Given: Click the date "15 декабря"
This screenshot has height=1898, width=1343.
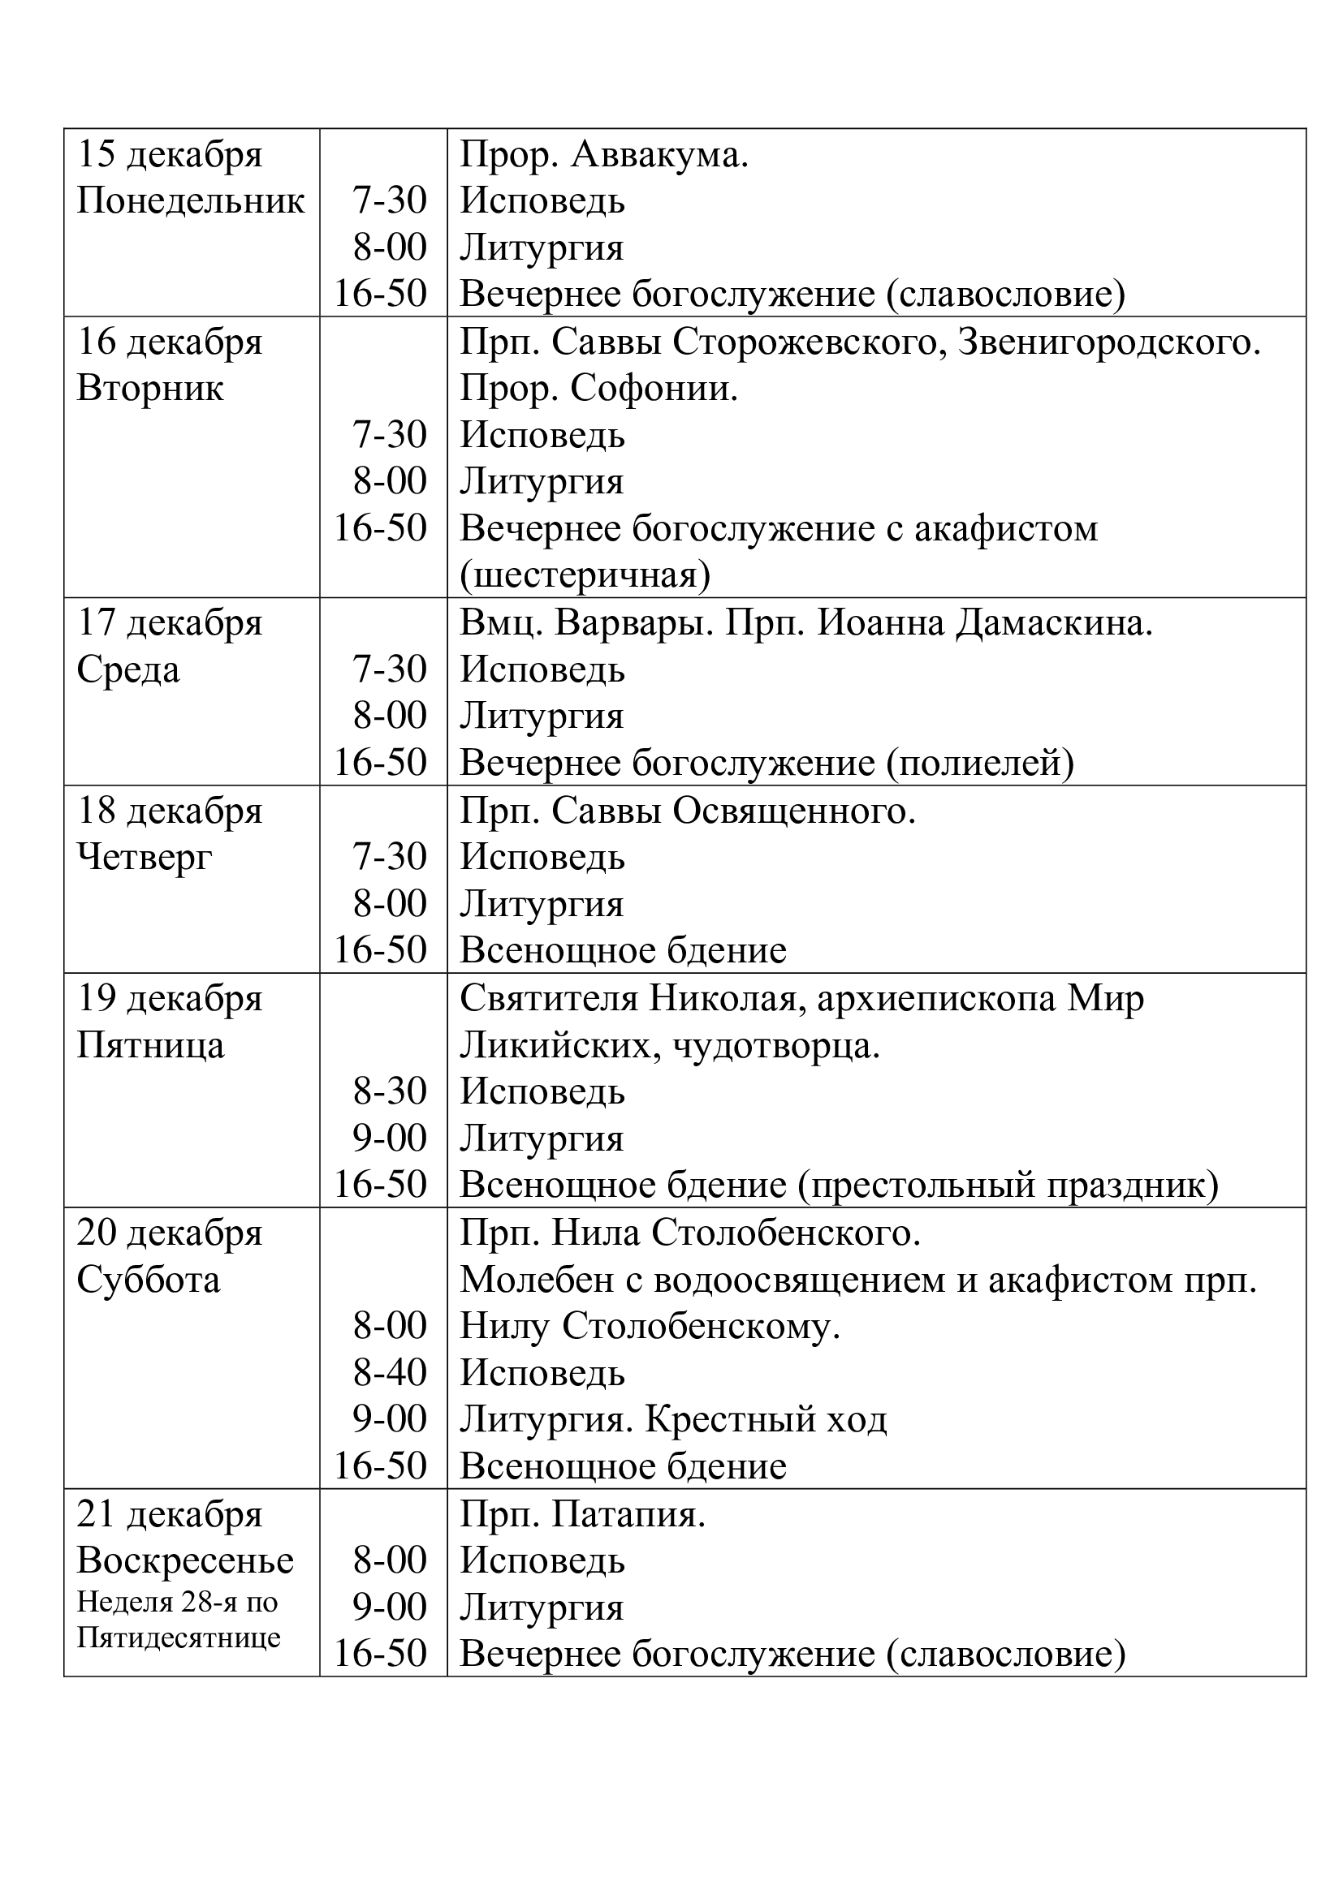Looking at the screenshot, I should (x=170, y=155).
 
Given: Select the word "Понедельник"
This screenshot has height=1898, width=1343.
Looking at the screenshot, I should (x=191, y=201).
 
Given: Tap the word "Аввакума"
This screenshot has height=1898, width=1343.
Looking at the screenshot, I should (x=659, y=155).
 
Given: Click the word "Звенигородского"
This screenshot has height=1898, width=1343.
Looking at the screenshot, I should (x=1109, y=342).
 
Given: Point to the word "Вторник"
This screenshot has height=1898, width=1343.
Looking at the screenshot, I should (x=149, y=389).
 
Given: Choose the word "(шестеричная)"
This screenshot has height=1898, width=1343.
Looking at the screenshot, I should (x=585, y=575).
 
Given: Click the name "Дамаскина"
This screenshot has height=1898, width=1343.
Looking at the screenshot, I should (x=1054, y=623).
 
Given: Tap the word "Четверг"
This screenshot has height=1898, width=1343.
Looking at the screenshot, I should (x=145, y=857).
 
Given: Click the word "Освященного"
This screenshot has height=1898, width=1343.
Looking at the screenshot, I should (x=794, y=811).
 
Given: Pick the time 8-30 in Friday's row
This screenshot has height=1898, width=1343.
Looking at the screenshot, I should (x=390, y=1092).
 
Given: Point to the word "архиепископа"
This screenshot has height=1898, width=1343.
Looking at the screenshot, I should (x=936, y=999).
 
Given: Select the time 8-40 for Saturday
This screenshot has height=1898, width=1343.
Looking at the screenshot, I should (x=390, y=1373).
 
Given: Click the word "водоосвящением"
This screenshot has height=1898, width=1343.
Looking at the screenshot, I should (x=800, y=1280).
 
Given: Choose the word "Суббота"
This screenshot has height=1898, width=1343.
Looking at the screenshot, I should (x=149, y=1280).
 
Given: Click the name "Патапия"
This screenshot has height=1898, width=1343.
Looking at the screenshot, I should (x=628, y=1514).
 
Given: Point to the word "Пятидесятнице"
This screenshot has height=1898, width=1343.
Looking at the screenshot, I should (x=179, y=1638).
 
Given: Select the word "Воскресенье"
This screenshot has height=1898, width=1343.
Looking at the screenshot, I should (x=185, y=1560).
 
